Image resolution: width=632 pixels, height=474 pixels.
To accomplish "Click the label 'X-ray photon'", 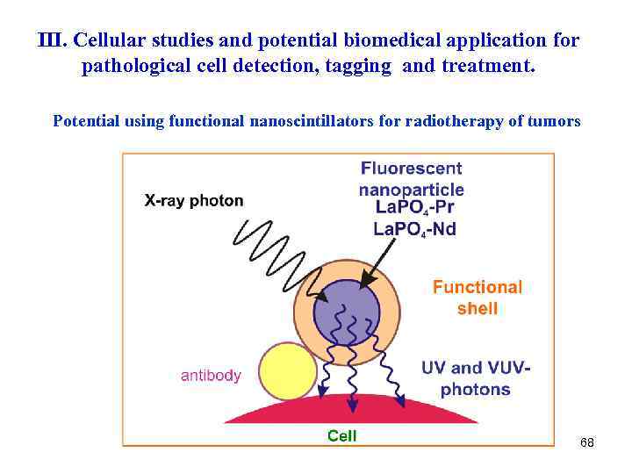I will [194, 200].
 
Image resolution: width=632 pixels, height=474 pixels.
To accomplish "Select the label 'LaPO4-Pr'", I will [415, 209].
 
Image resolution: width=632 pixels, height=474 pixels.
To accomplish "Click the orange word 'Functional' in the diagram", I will [478, 287].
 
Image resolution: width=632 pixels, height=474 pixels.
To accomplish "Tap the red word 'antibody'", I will [211, 375].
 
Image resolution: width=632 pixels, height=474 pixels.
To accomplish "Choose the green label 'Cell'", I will [341, 435].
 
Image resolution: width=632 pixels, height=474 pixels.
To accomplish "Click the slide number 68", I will [587, 443].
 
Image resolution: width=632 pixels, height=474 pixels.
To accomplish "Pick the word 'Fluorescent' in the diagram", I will [411, 169].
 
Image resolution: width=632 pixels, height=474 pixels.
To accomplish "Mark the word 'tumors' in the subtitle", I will [552, 121].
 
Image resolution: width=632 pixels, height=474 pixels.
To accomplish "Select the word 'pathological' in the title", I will [154, 67].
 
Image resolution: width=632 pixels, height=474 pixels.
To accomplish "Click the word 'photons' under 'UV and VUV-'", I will [475, 389].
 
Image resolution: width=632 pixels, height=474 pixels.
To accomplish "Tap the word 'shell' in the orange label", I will [477, 308].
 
